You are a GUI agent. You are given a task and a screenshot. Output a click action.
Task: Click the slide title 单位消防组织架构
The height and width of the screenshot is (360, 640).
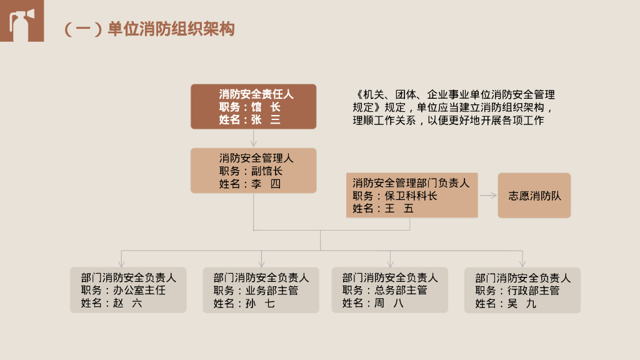click(171, 29)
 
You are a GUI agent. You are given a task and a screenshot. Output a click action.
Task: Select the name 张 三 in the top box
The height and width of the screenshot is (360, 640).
click(266, 120)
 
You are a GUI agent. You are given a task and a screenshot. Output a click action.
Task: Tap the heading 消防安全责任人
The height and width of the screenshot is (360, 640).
click(256, 94)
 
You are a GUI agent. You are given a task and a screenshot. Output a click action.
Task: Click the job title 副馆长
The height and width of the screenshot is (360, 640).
click(267, 171)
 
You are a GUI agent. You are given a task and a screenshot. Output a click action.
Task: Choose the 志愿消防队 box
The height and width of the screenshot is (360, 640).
click(534, 196)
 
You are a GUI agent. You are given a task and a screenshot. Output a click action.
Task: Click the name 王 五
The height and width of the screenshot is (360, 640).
click(399, 209)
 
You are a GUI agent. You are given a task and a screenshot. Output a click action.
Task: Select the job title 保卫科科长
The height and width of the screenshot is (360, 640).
click(411, 196)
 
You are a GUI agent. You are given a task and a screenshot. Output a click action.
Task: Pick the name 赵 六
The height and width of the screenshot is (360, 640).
click(127, 304)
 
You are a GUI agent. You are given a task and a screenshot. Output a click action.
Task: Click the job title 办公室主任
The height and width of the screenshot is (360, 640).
click(139, 291)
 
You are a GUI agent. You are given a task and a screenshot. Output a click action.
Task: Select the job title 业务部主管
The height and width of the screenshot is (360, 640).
click(272, 291)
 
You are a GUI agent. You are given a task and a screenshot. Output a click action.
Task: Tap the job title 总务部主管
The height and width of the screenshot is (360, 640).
click(401, 291)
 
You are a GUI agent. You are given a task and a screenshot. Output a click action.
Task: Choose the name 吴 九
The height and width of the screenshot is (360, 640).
click(522, 304)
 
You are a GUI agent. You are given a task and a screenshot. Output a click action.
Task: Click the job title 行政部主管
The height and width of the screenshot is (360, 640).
click(533, 291)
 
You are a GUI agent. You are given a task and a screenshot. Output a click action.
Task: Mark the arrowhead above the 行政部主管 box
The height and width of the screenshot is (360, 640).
click(522, 264)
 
